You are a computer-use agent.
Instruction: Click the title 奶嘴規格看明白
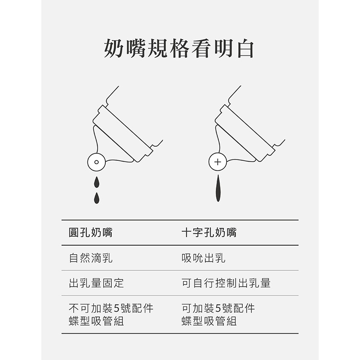click(179, 49)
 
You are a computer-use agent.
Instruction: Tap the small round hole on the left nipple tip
click(96, 162)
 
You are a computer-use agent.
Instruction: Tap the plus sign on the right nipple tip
click(218, 162)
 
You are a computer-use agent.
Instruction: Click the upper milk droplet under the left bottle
click(97, 182)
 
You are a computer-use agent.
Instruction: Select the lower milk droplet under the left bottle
click(97, 198)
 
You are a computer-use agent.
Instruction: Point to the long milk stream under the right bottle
click(218, 188)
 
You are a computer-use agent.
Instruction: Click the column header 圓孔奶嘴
click(91, 232)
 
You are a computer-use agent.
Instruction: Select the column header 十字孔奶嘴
click(209, 232)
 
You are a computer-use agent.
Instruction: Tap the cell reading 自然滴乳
click(91, 258)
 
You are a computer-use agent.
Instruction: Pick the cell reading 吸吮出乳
click(203, 258)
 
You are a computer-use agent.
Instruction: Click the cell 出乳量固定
click(96, 283)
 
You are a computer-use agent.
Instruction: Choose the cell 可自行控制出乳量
click(226, 283)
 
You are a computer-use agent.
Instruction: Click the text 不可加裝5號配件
click(111, 308)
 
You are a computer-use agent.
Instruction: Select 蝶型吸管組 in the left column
click(96, 321)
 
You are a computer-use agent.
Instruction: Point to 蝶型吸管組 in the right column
click(209, 321)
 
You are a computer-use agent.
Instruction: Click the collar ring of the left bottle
click(123, 133)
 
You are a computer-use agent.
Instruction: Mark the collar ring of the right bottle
click(245, 133)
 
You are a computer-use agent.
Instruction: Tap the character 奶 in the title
click(113, 49)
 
